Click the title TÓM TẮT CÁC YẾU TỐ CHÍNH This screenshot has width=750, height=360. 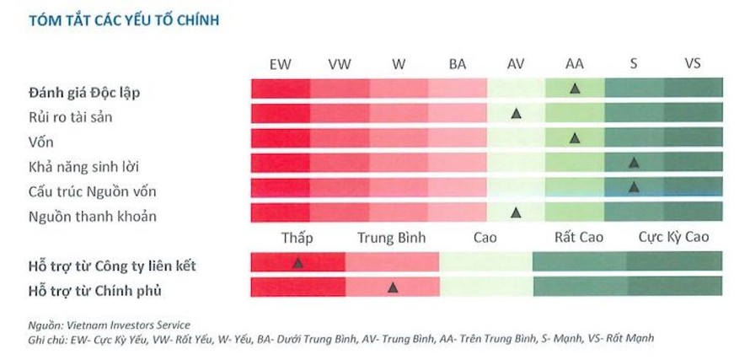[x=124, y=20]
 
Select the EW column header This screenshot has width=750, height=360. [x=281, y=64]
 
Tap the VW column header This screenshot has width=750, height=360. [x=340, y=64]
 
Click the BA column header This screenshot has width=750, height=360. [x=458, y=64]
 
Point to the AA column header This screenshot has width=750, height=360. [x=575, y=64]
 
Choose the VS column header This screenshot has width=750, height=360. [x=693, y=64]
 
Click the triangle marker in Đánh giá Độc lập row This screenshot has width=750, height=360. [x=575, y=88]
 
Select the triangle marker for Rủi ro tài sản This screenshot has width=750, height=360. [x=516, y=113]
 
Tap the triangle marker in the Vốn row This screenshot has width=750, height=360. [x=575, y=137]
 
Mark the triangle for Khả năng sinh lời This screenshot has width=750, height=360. [x=634, y=162]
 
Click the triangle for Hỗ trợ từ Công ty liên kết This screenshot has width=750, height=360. [x=297, y=263]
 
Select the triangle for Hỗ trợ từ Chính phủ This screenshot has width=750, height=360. [x=393, y=287]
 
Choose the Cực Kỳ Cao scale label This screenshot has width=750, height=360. [x=673, y=237]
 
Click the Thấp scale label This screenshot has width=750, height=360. [x=297, y=237]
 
